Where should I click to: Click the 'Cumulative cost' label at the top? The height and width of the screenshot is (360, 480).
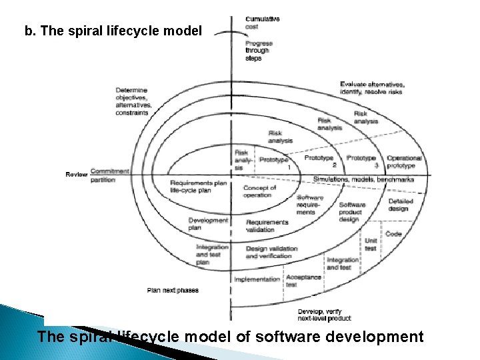[x=262, y=23]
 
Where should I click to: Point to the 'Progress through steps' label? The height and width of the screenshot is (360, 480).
[x=259, y=51]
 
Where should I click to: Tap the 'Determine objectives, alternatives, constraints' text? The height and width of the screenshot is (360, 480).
[x=133, y=101]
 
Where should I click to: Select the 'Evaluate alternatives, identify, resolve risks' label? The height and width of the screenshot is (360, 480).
[x=372, y=87]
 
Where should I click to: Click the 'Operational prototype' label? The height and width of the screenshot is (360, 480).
[x=404, y=161]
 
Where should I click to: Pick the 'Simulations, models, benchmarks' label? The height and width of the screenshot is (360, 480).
[x=363, y=179]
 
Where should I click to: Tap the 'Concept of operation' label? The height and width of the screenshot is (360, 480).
[x=259, y=191]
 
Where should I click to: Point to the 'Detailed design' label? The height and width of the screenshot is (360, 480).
[x=399, y=205]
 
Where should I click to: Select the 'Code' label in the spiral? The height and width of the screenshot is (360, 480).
[x=393, y=234]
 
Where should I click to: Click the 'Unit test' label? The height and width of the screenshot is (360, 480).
[x=371, y=245]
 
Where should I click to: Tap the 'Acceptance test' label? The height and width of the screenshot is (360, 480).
[x=303, y=280]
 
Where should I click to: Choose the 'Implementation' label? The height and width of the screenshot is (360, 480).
[x=257, y=279]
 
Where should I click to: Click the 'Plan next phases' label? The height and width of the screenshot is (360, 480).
[x=173, y=291]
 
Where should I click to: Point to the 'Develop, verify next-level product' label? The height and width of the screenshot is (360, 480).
[x=324, y=315]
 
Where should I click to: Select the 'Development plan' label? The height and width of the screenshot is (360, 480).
[x=208, y=224]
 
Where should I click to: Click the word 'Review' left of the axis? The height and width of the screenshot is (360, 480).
[x=76, y=174]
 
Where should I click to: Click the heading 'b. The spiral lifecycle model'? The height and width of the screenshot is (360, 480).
[x=113, y=31]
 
